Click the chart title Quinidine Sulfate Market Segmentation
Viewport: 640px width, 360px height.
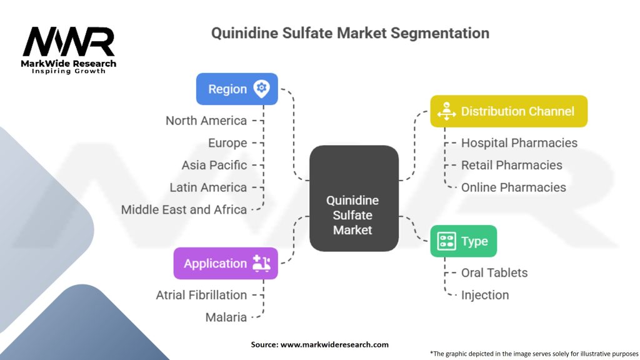point(350,32)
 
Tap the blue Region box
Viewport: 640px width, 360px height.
point(237,89)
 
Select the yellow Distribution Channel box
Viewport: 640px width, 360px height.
point(509,111)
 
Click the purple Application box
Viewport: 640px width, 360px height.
point(226,263)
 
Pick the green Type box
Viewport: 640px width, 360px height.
point(463,241)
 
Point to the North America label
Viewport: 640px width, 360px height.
point(206,121)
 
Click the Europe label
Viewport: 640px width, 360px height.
point(227,143)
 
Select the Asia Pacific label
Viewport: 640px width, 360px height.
point(214,165)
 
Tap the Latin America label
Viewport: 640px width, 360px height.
point(208,187)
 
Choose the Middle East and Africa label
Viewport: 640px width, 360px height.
point(184,209)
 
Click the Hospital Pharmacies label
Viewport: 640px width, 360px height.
point(519,142)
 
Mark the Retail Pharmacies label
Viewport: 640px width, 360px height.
point(511,165)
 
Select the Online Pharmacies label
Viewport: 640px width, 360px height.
point(513,187)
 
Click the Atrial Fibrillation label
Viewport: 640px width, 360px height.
point(201,295)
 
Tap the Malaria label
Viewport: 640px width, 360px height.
point(226,317)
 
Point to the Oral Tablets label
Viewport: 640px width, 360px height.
point(494,272)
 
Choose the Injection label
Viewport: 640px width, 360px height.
point(484,295)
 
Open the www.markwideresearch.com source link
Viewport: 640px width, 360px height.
point(334,344)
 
